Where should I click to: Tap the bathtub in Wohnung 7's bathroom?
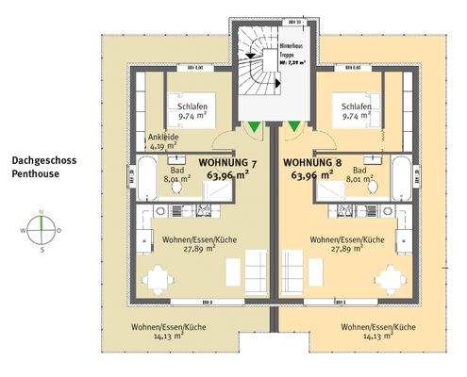(147, 177)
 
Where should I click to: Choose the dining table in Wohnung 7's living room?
(161, 277)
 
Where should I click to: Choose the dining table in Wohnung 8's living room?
(388, 277)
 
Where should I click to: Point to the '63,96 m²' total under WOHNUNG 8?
(312, 174)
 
